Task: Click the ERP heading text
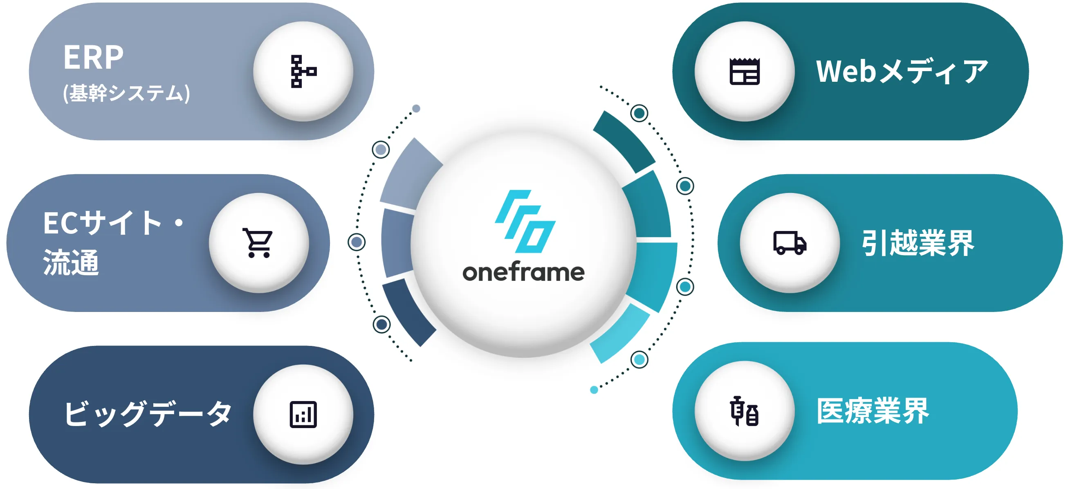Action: point(93,57)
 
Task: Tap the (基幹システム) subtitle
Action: point(126,93)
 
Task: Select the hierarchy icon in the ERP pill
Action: point(303,71)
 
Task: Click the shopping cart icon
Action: point(258,243)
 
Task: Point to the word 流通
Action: point(71,262)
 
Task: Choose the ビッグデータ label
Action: point(147,414)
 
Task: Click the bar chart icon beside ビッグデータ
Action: point(303,415)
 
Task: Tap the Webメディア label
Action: point(902,71)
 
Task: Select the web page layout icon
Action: point(745,71)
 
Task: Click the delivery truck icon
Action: point(790,243)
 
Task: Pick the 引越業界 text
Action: point(918,243)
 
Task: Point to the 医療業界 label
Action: point(873,411)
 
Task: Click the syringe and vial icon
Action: point(745,411)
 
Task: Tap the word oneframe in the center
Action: point(523,273)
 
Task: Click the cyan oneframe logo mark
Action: point(525,221)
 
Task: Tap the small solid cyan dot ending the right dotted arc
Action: point(594,390)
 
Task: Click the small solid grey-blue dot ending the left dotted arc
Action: point(416,109)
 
